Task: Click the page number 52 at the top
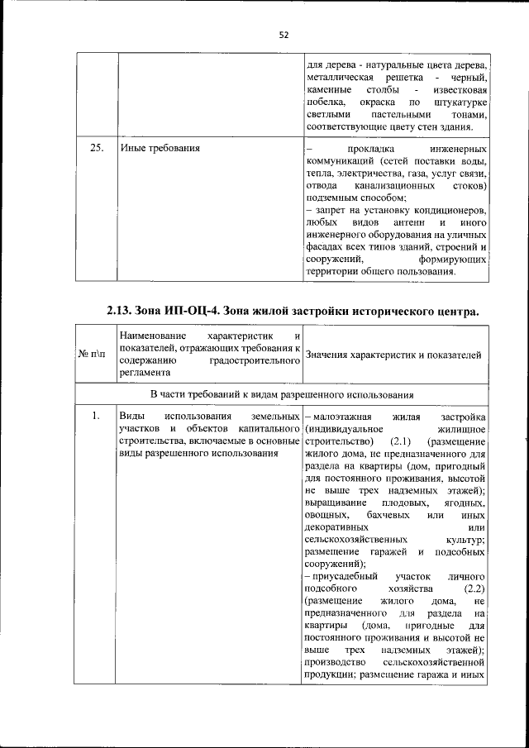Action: pyautogui.click(x=284, y=34)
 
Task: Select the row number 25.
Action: pyautogui.click(x=96, y=148)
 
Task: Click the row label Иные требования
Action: pyautogui.click(x=160, y=148)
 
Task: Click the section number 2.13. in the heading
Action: pyautogui.click(x=123, y=312)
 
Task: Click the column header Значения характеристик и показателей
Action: pyautogui.click(x=393, y=355)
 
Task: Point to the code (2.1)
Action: pyautogui.click(x=407, y=442)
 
